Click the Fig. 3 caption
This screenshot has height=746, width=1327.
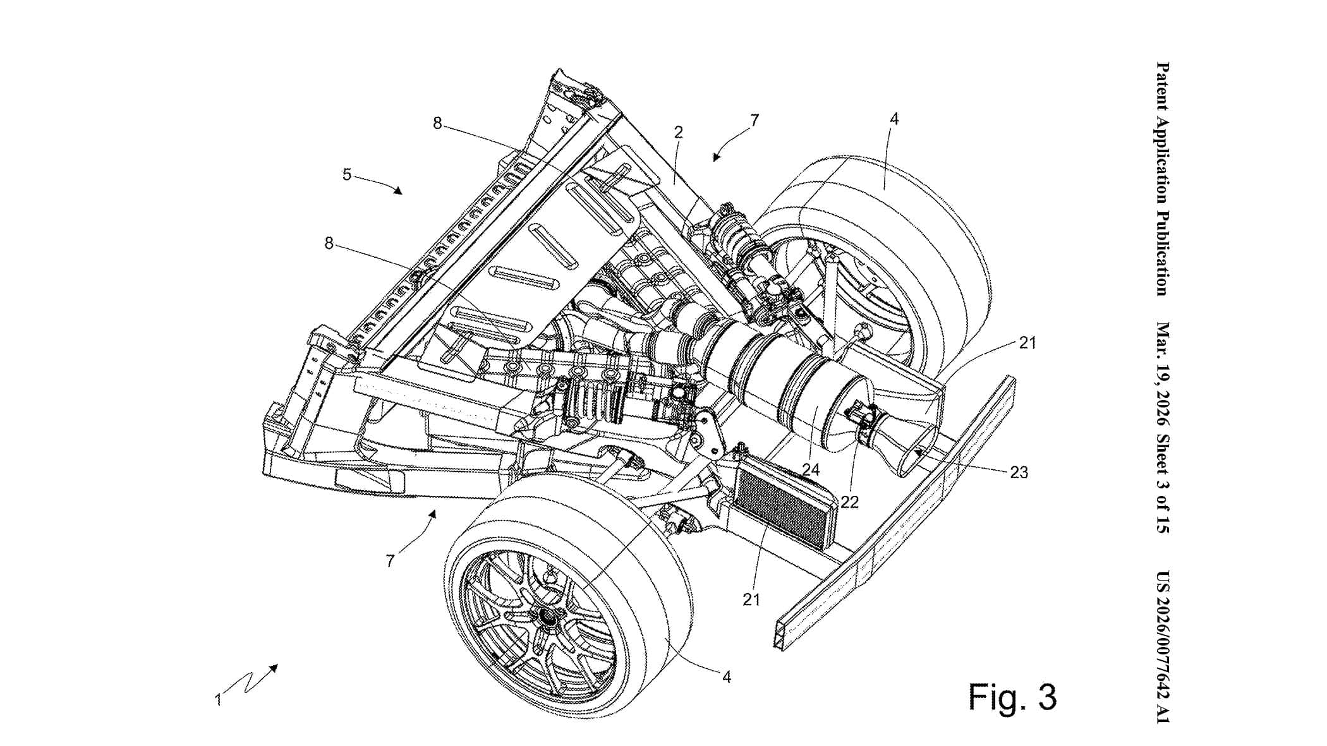[x=1012, y=697]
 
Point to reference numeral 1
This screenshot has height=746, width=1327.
[x=218, y=700]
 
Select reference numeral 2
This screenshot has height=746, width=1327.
[x=678, y=132]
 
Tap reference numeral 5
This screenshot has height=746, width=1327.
[x=347, y=174]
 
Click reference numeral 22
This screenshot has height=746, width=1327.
[x=850, y=502]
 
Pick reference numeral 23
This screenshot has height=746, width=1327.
[x=1019, y=472]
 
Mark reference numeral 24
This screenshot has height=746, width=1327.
[x=811, y=469]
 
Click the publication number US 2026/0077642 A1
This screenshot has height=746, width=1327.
[x=1161, y=645]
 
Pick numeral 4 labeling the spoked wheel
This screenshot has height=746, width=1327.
[x=727, y=677]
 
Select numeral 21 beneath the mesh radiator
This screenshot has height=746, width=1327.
[x=751, y=599]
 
